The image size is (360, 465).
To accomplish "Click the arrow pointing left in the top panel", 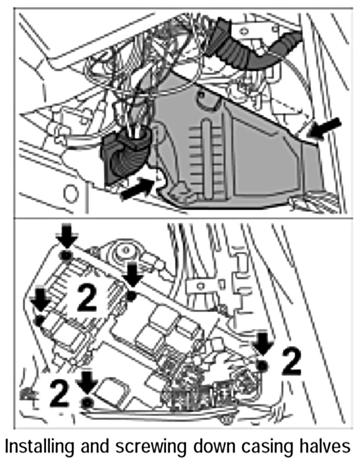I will [325, 128].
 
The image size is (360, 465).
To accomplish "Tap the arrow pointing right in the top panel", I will [136, 190].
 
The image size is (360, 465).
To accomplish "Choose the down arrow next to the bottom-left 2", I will [87, 382].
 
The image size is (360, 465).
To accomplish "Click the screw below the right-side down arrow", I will [262, 365].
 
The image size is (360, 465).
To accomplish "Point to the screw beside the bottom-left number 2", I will [88, 402].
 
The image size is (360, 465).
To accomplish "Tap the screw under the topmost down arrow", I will [66, 256].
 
